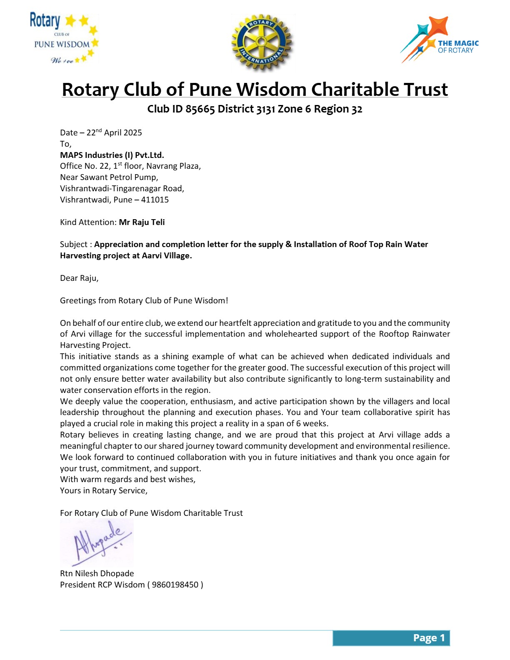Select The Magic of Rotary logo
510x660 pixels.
(x=439, y=40)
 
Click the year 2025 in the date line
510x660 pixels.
(x=132, y=133)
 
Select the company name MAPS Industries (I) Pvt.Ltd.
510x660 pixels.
(x=112, y=155)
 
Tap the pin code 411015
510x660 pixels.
(x=155, y=200)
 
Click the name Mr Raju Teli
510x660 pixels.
(x=142, y=222)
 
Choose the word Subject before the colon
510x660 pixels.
(x=73, y=245)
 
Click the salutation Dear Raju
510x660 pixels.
(x=79, y=278)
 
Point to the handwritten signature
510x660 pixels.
(x=98, y=542)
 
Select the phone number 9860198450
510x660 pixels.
(x=175, y=585)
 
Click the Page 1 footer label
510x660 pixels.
(x=429, y=638)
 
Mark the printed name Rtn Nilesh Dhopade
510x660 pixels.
(x=97, y=574)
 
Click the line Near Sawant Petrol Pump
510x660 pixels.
(x=109, y=177)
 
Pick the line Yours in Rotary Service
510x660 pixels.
(x=104, y=491)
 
